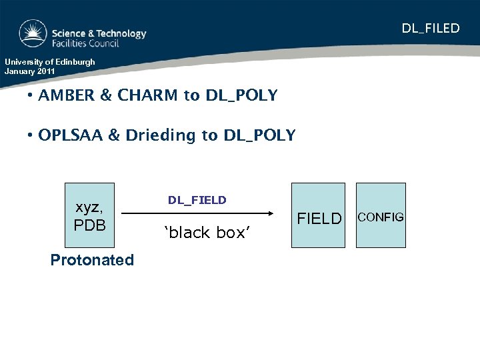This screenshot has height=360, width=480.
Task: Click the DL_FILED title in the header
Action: [430, 28]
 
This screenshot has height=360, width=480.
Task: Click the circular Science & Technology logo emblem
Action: [33, 34]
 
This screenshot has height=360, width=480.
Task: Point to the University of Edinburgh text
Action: [50, 62]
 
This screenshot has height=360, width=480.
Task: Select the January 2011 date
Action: [31, 71]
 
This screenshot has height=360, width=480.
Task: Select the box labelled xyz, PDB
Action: [90, 216]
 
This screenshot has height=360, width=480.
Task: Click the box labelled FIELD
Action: [319, 216]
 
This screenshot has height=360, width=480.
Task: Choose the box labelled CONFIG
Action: [380, 216]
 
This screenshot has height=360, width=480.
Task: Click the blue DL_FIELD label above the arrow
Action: [197, 200]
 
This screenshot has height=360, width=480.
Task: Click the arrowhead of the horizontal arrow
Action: [271, 214]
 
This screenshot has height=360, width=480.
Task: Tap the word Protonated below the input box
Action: [92, 260]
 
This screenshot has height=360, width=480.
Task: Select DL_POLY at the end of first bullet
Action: [241, 95]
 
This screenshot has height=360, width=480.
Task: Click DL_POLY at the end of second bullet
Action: [259, 135]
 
